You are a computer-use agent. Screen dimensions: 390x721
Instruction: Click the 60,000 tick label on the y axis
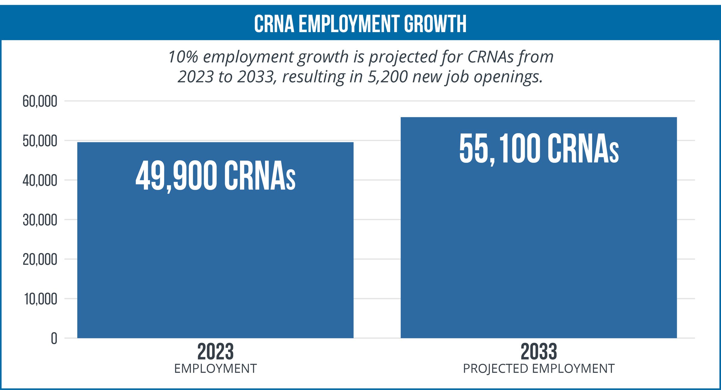[40, 101]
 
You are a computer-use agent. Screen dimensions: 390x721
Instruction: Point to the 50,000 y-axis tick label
[40, 141]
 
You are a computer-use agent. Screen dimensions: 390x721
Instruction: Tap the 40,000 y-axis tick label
[40, 181]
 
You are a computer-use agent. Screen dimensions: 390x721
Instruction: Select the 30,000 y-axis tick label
[40, 220]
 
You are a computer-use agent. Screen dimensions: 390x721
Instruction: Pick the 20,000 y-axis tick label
[40, 260]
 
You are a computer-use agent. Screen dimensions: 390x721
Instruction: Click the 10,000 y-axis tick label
[41, 299]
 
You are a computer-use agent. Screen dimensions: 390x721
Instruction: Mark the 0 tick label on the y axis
[54, 339]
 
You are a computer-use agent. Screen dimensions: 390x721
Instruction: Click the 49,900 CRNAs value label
[215, 176]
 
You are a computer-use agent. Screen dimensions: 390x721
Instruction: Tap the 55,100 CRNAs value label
[539, 149]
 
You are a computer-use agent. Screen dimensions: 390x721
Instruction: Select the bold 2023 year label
[215, 352]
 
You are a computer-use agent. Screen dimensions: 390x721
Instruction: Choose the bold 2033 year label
[539, 352]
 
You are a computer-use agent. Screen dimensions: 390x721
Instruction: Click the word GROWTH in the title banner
[435, 24]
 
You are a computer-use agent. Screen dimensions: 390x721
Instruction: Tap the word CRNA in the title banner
[274, 24]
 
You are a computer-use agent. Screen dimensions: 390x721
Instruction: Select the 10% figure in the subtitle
[183, 57]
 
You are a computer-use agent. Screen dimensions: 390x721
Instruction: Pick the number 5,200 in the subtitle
[387, 77]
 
